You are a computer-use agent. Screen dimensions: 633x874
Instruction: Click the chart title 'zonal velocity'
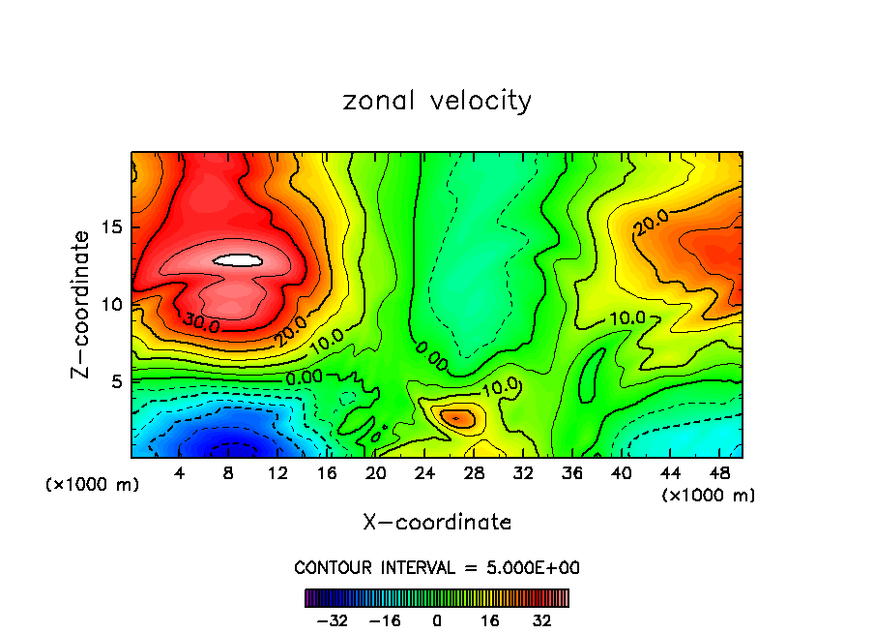click(437, 101)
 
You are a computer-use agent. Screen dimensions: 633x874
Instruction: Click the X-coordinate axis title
click(437, 522)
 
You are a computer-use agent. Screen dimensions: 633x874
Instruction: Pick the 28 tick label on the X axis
click(474, 473)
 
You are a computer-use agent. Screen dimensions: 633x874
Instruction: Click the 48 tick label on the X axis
click(718, 473)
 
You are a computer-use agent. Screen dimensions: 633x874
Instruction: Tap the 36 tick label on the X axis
click(571, 473)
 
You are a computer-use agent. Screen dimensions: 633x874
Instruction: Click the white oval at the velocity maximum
click(238, 259)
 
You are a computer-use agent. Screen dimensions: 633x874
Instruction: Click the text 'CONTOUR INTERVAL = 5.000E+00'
click(437, 567)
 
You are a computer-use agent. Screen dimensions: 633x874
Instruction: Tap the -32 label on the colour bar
click(332, 619)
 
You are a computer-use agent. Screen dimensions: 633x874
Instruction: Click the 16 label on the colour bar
click(488, 619)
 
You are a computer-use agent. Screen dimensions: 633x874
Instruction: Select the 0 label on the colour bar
click(437, 619)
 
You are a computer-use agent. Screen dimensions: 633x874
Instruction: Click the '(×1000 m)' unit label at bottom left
click(93, 484)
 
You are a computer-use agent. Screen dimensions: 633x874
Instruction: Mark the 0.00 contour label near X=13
click(306, 377)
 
